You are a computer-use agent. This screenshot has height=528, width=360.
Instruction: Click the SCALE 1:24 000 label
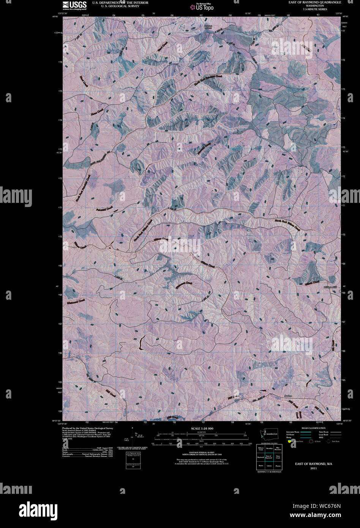tap(202, 428)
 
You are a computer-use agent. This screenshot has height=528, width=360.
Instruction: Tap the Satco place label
tap(289, 396)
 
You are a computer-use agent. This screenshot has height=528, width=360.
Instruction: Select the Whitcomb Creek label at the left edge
tap(76, 301)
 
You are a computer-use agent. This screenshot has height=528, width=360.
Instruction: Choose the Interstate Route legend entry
tap(295, 432)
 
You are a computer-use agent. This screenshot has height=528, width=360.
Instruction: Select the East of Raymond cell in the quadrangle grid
tap(268, 457)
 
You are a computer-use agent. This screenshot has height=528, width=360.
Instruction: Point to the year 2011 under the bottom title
tap(313, 468)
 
